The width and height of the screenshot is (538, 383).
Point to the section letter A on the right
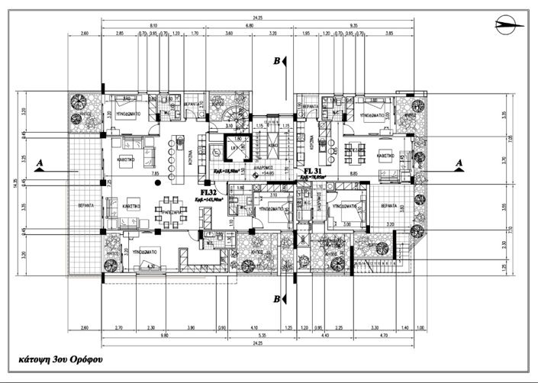tap(459, 163)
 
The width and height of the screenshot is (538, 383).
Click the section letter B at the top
tap(277, 61)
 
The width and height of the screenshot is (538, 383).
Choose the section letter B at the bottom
tap(277, 298)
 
